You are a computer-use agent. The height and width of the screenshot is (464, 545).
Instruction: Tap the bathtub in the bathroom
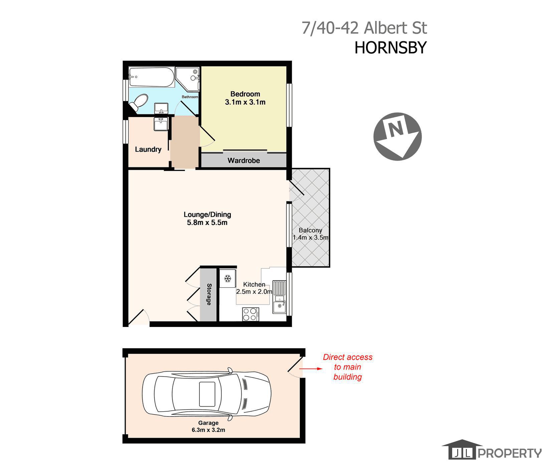(152, 77)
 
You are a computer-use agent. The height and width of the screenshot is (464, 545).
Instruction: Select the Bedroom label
(245, 94)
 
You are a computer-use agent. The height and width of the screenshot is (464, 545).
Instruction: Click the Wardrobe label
(244, 161)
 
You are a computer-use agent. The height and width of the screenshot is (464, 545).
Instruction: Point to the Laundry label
(148, 149)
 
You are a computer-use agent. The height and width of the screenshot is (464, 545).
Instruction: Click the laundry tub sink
(161, 124)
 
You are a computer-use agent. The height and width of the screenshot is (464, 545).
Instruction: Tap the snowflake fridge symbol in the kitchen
(228, 278)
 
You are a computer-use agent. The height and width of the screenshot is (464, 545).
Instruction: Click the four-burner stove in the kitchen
(250, 314)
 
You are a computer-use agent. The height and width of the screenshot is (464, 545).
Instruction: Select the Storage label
(209, 294)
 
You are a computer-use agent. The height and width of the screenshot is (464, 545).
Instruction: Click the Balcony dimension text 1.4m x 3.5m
(311, 238)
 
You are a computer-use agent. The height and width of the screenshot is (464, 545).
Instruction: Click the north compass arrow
(397, 136)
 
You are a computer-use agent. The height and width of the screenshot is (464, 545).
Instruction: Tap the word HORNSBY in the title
(390, 48)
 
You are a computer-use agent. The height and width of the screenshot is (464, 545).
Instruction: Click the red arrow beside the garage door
(311, 369)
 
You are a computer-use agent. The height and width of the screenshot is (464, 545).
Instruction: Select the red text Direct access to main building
(348, 367)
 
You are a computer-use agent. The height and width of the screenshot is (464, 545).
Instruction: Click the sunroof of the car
(207, 394)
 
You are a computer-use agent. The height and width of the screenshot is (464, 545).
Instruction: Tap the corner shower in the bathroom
(188, 79)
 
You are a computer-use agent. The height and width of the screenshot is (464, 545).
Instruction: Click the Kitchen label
(254, 284)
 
